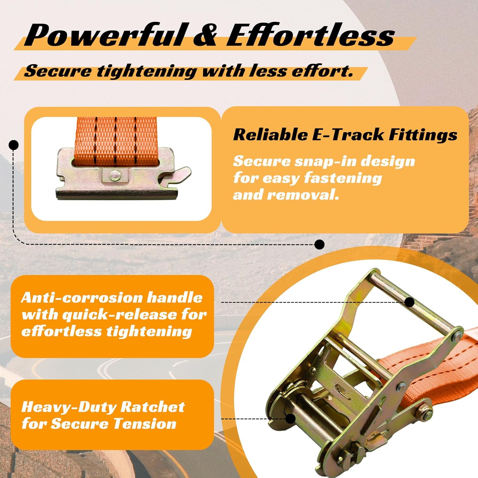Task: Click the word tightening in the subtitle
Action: (x=147, y=71)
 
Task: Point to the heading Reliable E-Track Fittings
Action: (x=345, y=134)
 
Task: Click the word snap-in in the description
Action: (x=323, y=161)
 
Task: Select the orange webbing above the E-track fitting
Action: (x=116, y=137)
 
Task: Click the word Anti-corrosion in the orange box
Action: (x=81, y=298)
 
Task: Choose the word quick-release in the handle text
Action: (x=119, y=315)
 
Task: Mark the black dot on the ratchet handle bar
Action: (x=410, y=302)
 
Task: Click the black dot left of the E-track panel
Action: (x=13, y=145)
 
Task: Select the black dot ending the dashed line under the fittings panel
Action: (x=319, y=244)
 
